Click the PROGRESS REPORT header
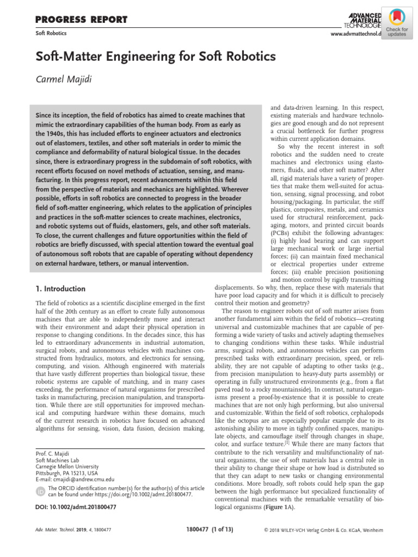pyautogui.click(x=81, y=20)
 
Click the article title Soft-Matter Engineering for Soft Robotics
pyautogui.click(x=156, y=57)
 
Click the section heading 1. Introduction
pyautogui.click(x=60, y=289)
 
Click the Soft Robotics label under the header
pyautogui.click(x=51, y=33)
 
